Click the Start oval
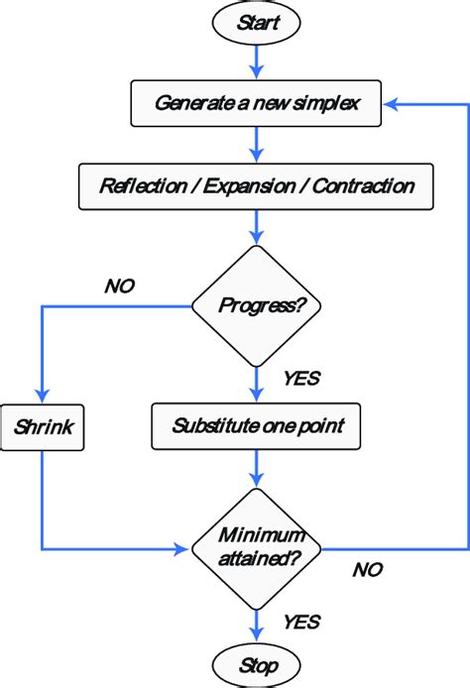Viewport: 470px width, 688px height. point(258,21)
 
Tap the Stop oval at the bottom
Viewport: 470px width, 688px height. point(258,664)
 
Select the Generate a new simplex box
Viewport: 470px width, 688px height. point(258,103)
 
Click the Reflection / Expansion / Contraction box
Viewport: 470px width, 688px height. point(258,185)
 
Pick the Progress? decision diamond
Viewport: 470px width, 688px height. point(258,306)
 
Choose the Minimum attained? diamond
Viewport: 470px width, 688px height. point(258,546)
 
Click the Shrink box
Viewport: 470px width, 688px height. point(42,428)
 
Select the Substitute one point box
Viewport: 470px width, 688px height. point(258,428)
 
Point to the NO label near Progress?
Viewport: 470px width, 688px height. point(119,287)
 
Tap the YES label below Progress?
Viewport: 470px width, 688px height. point(301,378)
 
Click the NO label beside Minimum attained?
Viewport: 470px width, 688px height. point(367,570)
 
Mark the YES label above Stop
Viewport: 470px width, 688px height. point(301,622)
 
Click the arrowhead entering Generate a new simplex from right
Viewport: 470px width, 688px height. point(393,103)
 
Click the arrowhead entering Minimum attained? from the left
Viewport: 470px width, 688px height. point(182,547)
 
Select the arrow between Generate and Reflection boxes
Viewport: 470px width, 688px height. point(258,144)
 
